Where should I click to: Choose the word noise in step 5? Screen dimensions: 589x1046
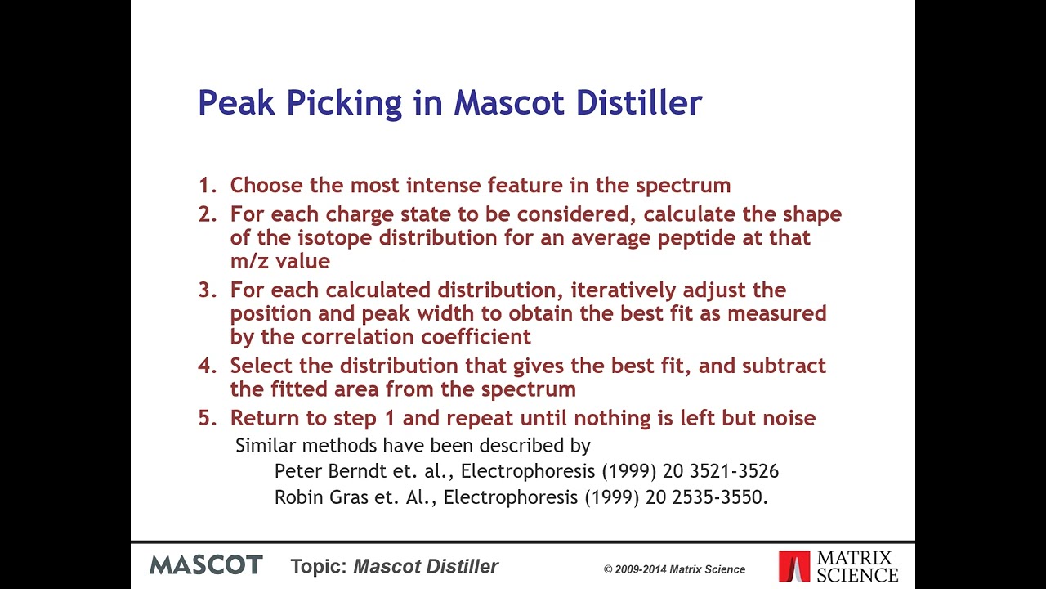click(789, 419)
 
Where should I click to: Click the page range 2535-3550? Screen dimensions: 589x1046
click(719, 497)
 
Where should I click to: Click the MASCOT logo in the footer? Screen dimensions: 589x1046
click(206, 565)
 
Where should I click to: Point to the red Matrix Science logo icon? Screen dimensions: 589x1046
click(793, 566)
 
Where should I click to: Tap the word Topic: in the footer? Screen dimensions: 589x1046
click(319, 566)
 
